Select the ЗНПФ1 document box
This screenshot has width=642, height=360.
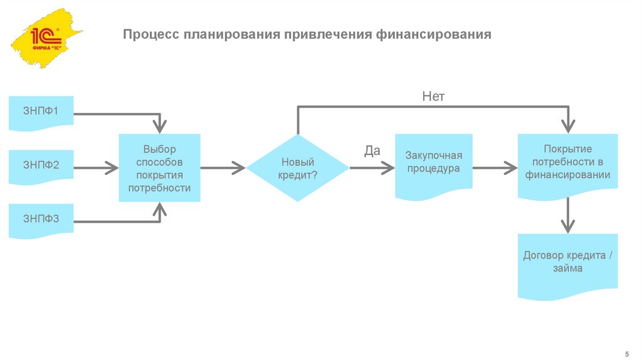tap(41, 113)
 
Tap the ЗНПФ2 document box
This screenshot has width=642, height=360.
tap(41, 167)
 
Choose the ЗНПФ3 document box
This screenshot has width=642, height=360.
tap(41, 220)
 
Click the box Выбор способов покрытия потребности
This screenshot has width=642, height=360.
tap(159, 167)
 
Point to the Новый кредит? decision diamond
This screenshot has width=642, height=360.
tap(297, 167)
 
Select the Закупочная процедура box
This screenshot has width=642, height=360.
tap(433, 164)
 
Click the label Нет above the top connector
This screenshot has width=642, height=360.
tap(433, 96)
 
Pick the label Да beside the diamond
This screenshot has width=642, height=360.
tap(372, 151)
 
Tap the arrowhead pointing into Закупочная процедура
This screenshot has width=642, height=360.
tap(389, 167)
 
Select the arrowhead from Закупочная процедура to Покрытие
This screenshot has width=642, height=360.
tap(510, 167)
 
